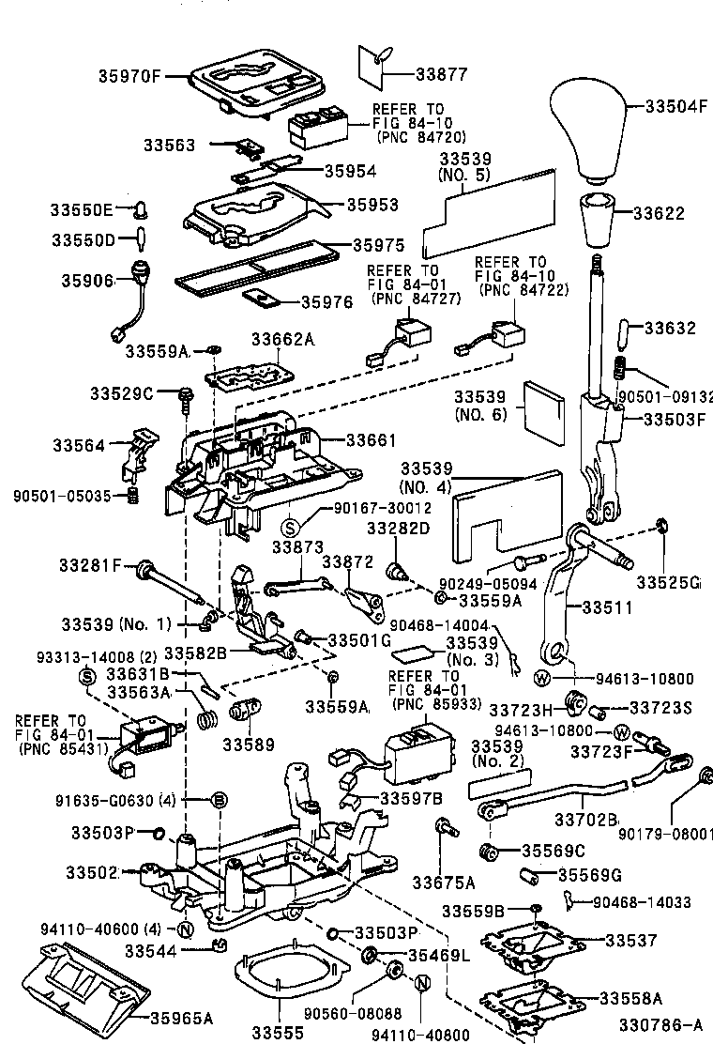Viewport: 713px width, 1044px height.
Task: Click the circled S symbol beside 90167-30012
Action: (290, 525)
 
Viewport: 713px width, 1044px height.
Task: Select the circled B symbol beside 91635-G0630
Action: (217, 800)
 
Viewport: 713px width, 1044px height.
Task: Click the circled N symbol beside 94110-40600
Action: (185, 929)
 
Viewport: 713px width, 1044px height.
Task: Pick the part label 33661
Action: (372, 439)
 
